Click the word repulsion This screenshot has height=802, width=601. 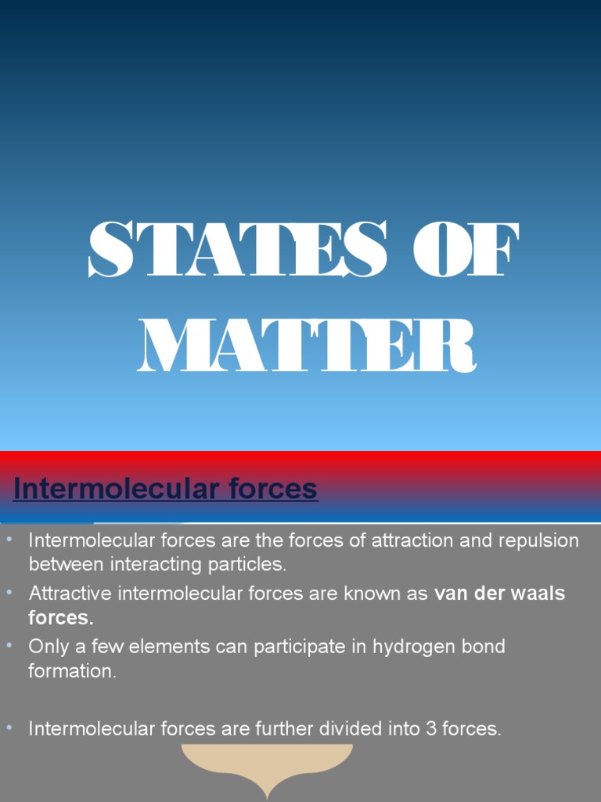coord(541,540)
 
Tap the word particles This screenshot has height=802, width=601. coord(247,563)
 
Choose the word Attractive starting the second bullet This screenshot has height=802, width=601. coord(70,594)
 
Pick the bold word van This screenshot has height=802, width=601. coord(450,594)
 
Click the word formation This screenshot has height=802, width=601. coord(72,671)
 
